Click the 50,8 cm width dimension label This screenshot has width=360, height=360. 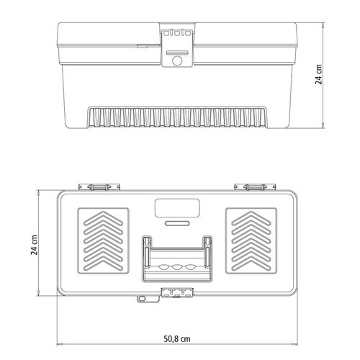click(x=177, y=338)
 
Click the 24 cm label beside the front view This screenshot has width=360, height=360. click(x=318, y=74)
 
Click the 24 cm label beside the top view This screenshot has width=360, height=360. click(x=35, y=245)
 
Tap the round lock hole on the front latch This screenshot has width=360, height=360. click(x=177, y=60)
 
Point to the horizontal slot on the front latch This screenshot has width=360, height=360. click(x=177, y=53)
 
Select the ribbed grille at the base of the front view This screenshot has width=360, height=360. click(x=177, y=117)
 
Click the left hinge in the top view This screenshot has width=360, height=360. click(x=99, y=186)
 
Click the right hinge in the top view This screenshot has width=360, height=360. click(x=255, y=186)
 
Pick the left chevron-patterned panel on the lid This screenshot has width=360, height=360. click(x=104, y=240)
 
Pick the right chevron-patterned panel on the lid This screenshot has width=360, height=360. click(x=251, y=240)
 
